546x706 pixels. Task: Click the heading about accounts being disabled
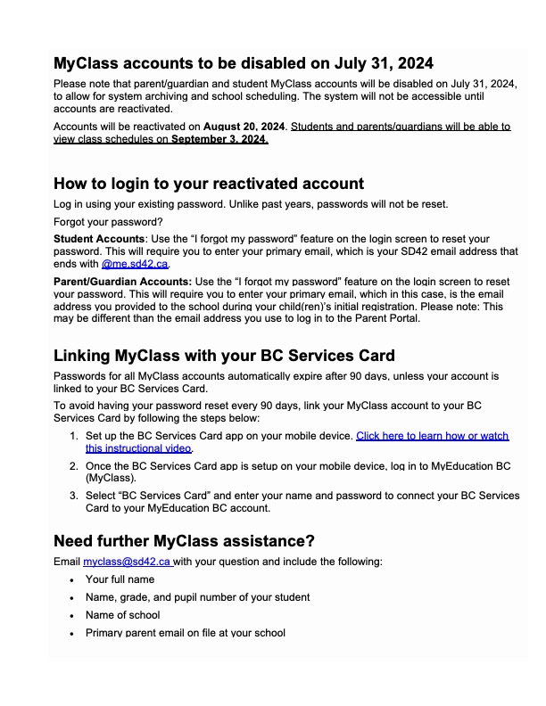pyautogui.click(x=244, y=63)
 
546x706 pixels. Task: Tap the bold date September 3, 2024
pyautogui.click(x=219, y=139)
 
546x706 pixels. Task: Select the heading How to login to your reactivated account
pyautogui.click(x=209, y=185)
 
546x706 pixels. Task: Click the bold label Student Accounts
pyautogui.click(x=99, y=239)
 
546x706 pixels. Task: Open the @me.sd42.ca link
pyautogui.click(x=135, y=265)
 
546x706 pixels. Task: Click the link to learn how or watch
pyautogui.click(x=432, y=436)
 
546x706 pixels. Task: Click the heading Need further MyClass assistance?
pyautogui.click(x=184, y=541)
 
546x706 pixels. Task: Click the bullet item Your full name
pyautogui.click(x=120, y=579)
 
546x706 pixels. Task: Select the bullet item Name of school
pyautogui.click(x=122, y=615)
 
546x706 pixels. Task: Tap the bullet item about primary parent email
pyautogui.click(x=185, y=633)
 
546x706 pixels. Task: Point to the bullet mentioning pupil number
pyautogui.click(x=197, y=597)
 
